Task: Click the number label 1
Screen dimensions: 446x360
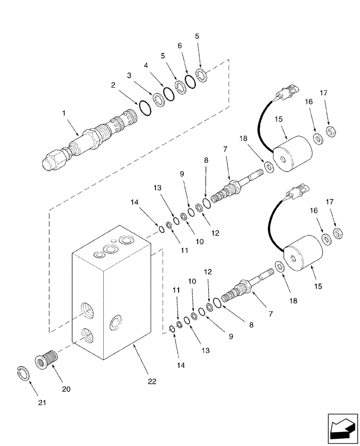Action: point(65,114)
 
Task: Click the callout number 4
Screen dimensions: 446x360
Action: point(146,65)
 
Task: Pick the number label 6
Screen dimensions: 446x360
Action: point(180,46)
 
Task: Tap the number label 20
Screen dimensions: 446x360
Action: point(66,389)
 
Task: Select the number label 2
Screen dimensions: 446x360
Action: point(114,85)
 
